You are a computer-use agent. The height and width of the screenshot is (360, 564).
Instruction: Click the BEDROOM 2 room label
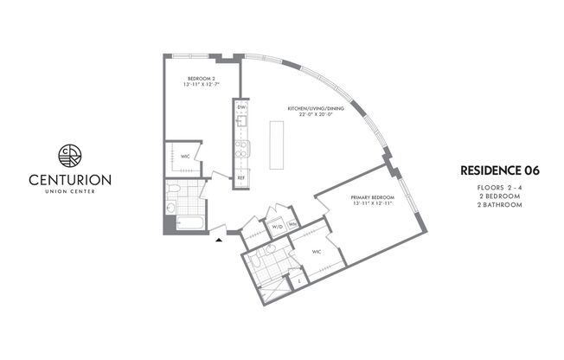(201, 81)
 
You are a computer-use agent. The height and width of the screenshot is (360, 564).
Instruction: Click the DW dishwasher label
(241, 107)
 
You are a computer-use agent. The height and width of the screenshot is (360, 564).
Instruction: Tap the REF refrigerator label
(242, 177)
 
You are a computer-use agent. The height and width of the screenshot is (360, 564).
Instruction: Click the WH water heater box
(294, 226)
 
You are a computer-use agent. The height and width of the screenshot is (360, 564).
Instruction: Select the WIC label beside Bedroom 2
(185, 157)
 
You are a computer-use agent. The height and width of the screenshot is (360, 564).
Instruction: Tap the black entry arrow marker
(220, 232)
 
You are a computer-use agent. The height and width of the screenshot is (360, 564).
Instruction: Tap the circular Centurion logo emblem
(68, 156)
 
